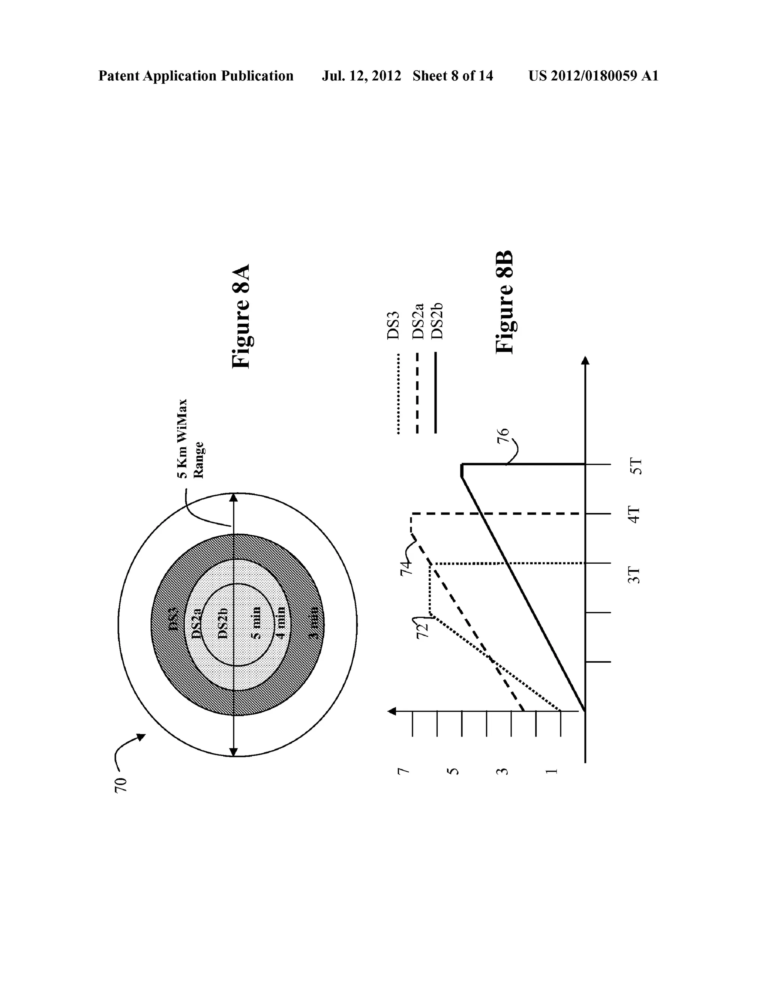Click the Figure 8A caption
click(x=241, y=316)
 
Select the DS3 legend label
click(x=393, y=325)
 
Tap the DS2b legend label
click(x=436, y=321)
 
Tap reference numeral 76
click(x=503, y=436)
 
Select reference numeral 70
click(x=121, y=786)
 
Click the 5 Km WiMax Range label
click(x=190, y=439)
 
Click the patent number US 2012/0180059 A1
click(x=593, y=76)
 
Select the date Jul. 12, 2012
click(x=361, y=76)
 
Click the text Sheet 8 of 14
click(x=453, y=76)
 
